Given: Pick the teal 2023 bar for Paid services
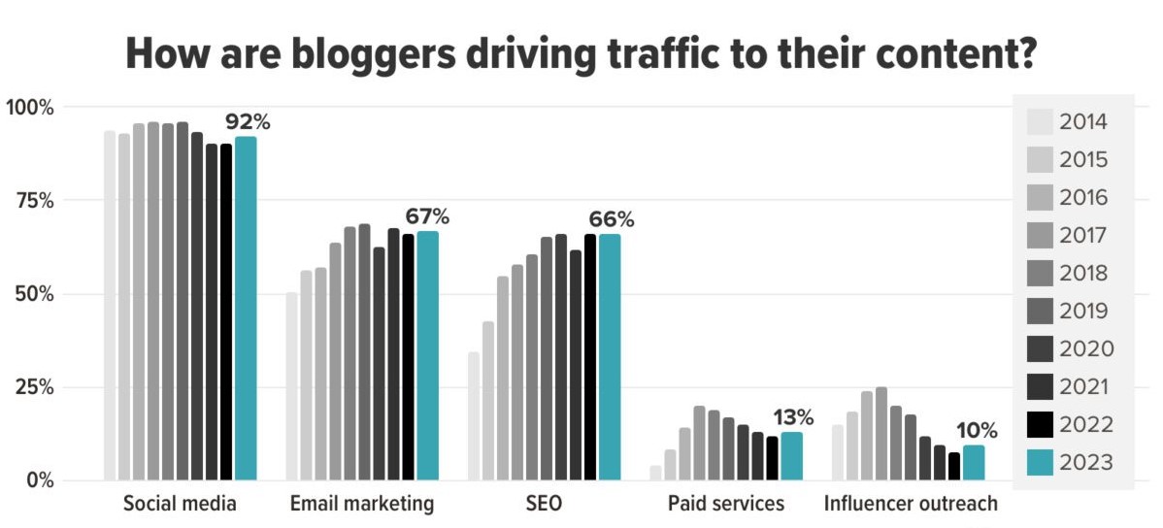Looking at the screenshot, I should click(x=791, y=456).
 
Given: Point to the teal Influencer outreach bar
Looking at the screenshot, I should click(x=973, y=462).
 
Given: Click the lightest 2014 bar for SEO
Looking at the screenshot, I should click(x=474, y=416).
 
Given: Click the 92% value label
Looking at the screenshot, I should click(x=248, y=122).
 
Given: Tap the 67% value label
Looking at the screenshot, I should click(x=428, y=216).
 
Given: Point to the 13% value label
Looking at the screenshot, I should click(x=793, y=418).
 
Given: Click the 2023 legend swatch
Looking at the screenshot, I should click(x=1039, y=463).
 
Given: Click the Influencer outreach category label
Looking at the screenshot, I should click(x=911, y=505).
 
